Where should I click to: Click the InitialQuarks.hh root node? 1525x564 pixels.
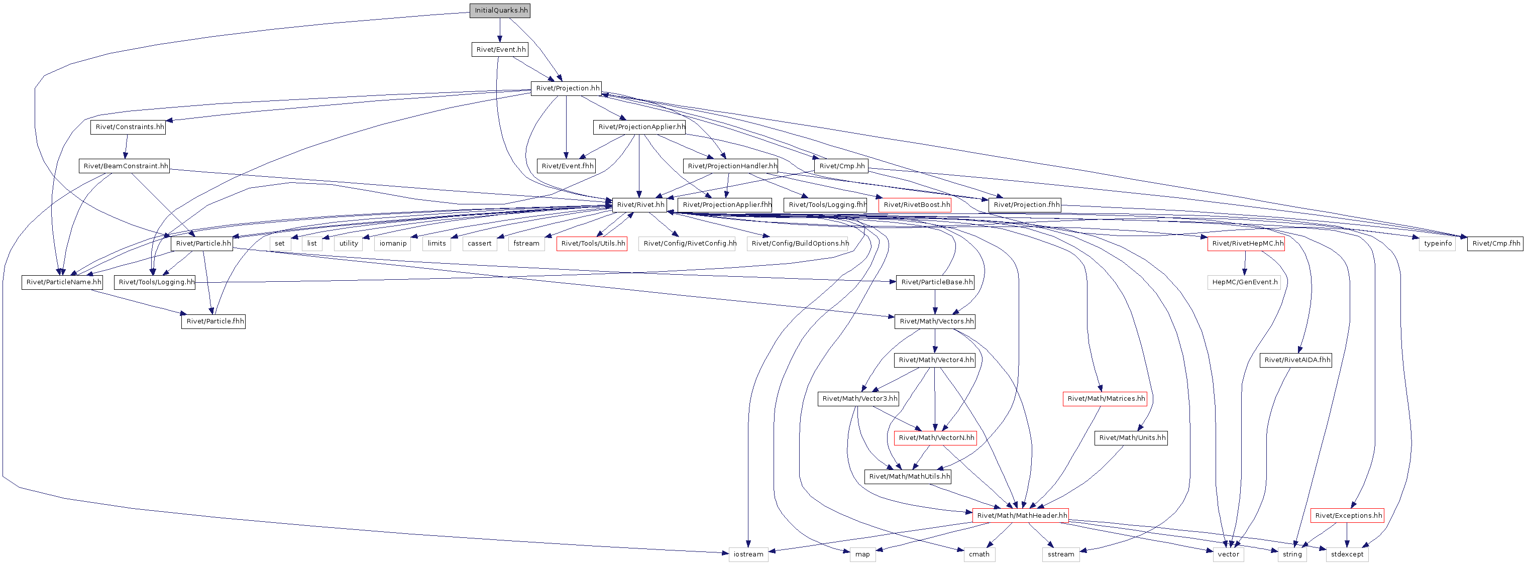point(500,11)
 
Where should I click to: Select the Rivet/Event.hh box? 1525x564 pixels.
point(501,50)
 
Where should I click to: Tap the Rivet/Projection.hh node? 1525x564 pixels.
point(567,89)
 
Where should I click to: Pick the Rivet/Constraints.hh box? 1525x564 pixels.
point(129,127)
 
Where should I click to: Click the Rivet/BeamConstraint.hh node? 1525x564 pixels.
point(125,166)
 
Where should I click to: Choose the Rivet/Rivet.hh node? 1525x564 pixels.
point(640,205)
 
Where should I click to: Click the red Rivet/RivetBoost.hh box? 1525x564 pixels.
point(916,205)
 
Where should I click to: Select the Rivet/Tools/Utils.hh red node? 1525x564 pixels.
point(592,244)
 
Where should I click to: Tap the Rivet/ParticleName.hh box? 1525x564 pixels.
point(63,282)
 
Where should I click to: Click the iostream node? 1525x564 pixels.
point(748,555)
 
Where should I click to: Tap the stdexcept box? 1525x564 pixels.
point(1347,555)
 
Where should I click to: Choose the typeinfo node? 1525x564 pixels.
point(1438,244)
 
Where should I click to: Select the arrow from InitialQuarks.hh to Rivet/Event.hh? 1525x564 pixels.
point(500,30)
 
